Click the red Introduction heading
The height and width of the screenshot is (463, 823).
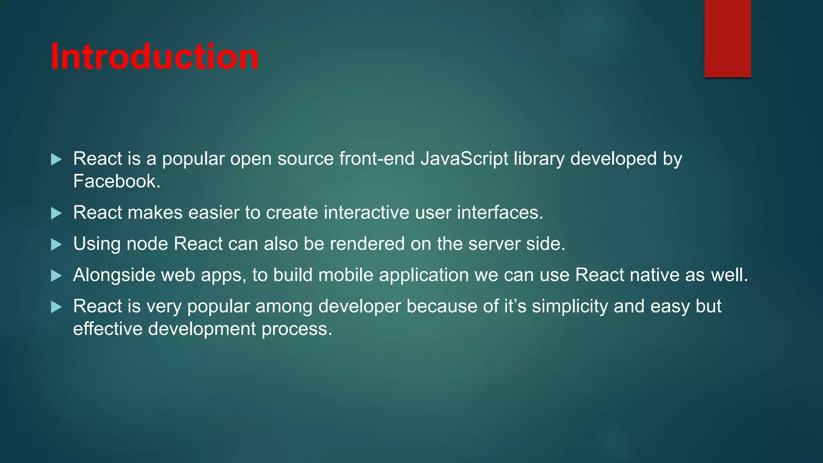click(x=155, y=57)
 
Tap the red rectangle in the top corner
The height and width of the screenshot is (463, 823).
click(x=727, y=38)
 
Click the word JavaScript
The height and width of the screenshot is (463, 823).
click(x=464, y=159)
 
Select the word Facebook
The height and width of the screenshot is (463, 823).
click(x=117, y=181)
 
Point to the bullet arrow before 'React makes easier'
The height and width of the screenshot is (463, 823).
click(x=57, y=213)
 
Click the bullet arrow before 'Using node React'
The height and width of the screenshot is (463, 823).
click(x=57, y=244)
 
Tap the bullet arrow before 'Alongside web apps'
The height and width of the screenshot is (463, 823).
click(x=57, y=276)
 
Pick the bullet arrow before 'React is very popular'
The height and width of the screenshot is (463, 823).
click(x=57, y=307)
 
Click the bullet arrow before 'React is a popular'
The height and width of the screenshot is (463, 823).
click(x=57, y=160)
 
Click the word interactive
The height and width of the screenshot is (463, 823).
click(x=366, y=213)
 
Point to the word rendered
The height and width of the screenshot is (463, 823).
click(x=367, y=244)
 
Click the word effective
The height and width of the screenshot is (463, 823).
click(x=108, y=329)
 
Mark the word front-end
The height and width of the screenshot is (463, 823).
click(x=377, y=159)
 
